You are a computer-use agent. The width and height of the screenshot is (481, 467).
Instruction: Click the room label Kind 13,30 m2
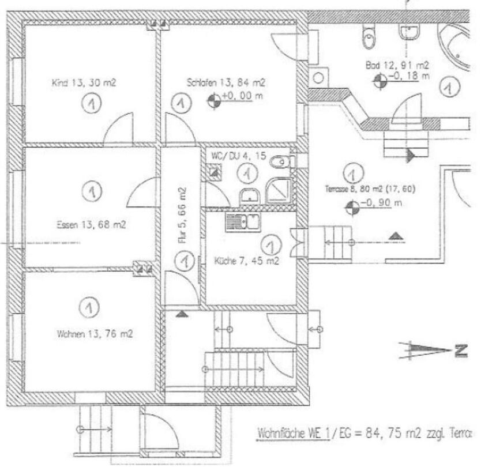(x=84, y=83)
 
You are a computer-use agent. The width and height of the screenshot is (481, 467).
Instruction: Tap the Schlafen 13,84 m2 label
(x=226, y=83)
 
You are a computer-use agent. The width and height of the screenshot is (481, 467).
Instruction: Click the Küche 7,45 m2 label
(x=246, y=261)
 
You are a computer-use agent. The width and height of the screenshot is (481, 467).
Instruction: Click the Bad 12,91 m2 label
(x=397, y=65)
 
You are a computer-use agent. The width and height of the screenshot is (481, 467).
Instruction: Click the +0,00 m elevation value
(x=238, y=96)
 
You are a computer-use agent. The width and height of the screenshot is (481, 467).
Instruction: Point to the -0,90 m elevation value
(x=381, y=202)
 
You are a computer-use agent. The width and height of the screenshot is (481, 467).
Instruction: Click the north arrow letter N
(x=460, y=350)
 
